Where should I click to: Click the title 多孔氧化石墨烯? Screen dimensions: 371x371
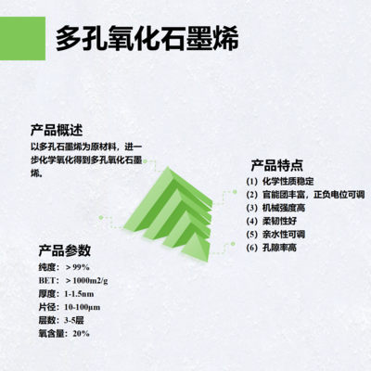click(147, 38)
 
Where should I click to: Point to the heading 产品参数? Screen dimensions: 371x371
click(64, 249)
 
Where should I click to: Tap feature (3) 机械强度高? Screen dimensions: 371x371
click(285, 208)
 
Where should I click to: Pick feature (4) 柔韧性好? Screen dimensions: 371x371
click(279, 222)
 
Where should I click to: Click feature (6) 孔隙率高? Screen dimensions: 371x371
click(279, 248)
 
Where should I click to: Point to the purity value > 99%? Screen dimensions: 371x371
click(81, 266)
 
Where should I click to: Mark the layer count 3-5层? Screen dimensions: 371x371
click(75, 318)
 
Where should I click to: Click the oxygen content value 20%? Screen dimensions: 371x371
click(82, 332)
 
